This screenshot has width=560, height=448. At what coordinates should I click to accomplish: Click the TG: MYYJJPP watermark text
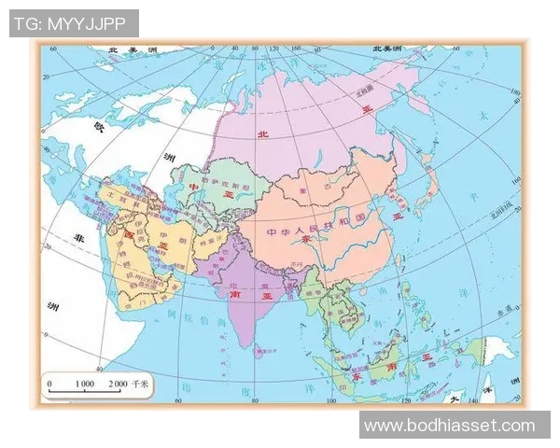pos(74,23)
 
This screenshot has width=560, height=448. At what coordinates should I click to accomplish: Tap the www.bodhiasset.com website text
pos(450,426)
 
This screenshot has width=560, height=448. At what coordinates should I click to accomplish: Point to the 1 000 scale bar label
pos(85,384)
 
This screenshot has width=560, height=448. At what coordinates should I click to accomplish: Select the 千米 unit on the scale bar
pos(141,384)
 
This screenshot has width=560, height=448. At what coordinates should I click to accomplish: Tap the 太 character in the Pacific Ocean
pos(482,117)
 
